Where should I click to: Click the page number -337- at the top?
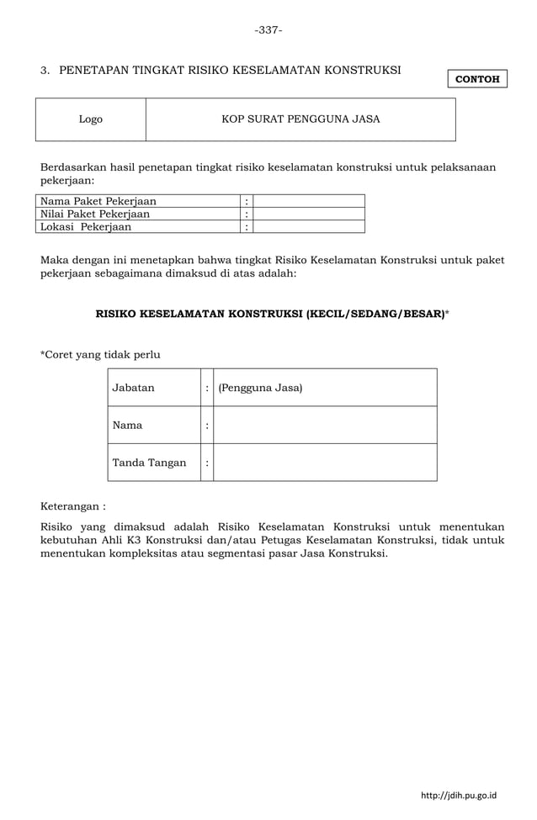coord(268,30)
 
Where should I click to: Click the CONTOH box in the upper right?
coord(477,79)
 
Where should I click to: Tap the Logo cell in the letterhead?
coord(91,119)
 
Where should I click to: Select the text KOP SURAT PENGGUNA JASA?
coord(300,119)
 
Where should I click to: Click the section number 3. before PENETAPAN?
coord(45,69)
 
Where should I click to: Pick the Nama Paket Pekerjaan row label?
coord(98,201)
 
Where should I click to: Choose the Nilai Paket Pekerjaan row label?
coord(95,214)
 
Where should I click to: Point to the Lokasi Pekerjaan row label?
coord(86,226)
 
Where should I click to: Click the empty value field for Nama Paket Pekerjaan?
coord(309,201)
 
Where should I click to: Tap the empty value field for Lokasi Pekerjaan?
coord(309,226)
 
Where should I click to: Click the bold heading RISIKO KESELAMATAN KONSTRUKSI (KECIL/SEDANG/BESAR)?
coord(270,314)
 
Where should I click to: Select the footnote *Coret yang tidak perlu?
coord(100,354)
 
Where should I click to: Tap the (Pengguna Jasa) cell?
coord(260,388)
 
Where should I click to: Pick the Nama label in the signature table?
coord(127,426)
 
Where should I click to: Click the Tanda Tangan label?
coord(149,463)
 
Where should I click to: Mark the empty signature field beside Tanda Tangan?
coord(325,463)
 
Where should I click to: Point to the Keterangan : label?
coord(74,507)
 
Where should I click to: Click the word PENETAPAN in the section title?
coord(93,69)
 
